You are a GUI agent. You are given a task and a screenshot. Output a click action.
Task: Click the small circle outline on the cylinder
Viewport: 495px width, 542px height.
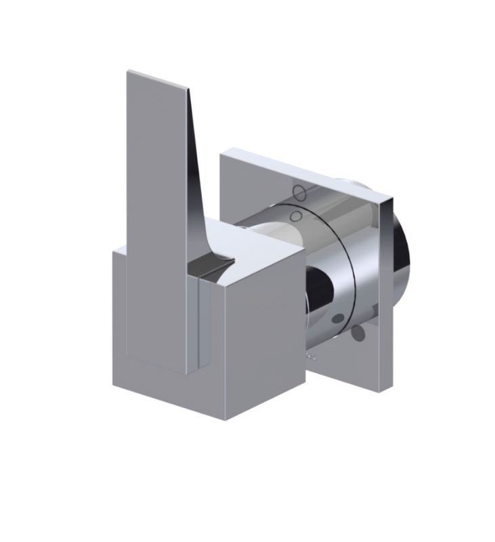(295, 216)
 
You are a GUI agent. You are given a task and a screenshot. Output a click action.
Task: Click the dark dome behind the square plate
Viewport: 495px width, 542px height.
(403, 251)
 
